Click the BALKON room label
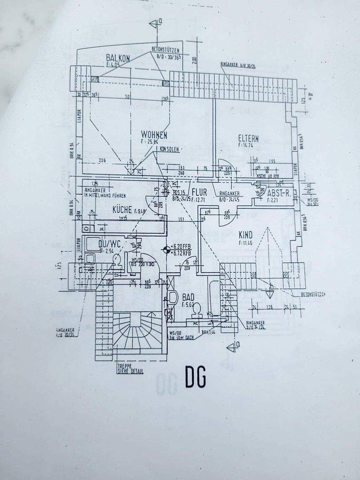pyautogui.click(x=118, y=58)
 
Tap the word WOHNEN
pyautogui.click(x=154, y=134)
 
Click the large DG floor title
pyautogui.click(x=196, y=378)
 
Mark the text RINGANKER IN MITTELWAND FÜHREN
pyautogui.click(x=104, y=193)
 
